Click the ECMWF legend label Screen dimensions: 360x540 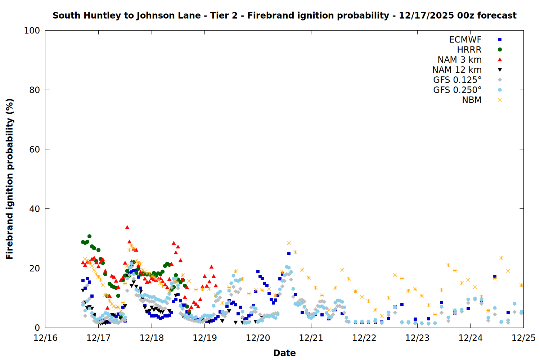pos(465,40)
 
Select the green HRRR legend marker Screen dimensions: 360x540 pos(500,50)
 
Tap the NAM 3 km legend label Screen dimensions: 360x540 pos(459,60)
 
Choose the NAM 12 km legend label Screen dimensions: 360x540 pos(457,70)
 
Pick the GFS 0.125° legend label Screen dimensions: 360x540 pos(457,80)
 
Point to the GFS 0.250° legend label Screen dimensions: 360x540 pos(457,90)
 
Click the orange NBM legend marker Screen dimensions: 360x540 pos(500,100)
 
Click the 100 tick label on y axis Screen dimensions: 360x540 pos(32,31)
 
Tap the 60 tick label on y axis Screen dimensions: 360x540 pos(35,149)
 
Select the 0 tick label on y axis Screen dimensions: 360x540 pos(37,328)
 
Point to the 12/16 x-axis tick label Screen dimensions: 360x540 pos(45,338)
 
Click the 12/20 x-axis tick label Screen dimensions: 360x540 pos(258,338)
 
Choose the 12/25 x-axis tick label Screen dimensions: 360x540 pos(523,338)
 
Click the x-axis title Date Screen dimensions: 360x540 pos(284,353)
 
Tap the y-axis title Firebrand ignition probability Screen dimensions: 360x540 pos(10,179)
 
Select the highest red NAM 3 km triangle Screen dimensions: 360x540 pos(127,227)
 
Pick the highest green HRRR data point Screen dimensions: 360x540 pos(89,237)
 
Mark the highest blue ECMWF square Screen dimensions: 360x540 pos(289,254)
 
